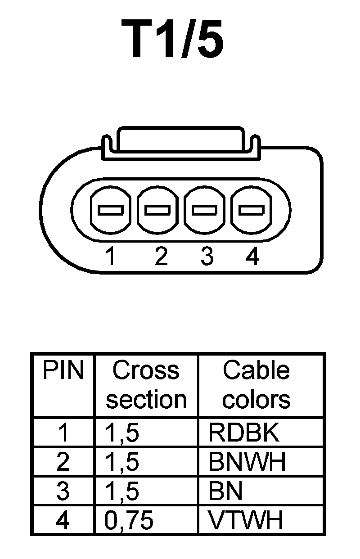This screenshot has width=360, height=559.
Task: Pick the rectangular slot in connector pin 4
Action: pyautogui.click(x=251, y=210)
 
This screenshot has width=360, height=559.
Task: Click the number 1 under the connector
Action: pyautogui.click(x=109, y=257)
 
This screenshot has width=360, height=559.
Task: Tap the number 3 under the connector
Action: pyautogui.click(x=207, y=257)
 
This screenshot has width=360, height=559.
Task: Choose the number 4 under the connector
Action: pyautogui.click(x=253, y=257)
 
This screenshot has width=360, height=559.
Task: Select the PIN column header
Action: pyautogui.click(x=63, y=371)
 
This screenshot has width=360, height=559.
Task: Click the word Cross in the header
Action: pyautogui.click(x=146, y=371)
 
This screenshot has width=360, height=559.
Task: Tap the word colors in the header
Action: pyautogui.click(x=256, y=400)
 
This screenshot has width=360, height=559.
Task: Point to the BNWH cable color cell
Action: pyautogui.click(x=247, y=462)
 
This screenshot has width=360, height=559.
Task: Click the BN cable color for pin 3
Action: pyautogui.click(x=225, y=491)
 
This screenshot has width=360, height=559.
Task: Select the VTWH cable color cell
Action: pyautogui.click(x=246, y=521)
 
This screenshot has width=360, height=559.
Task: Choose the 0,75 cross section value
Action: pyautogui.click(x=129, y=521)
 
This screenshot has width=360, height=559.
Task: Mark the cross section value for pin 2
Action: pyautogui.click(x=122, y=462)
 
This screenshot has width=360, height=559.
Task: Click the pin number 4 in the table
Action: pyautogui.click(x=63, y=521)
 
